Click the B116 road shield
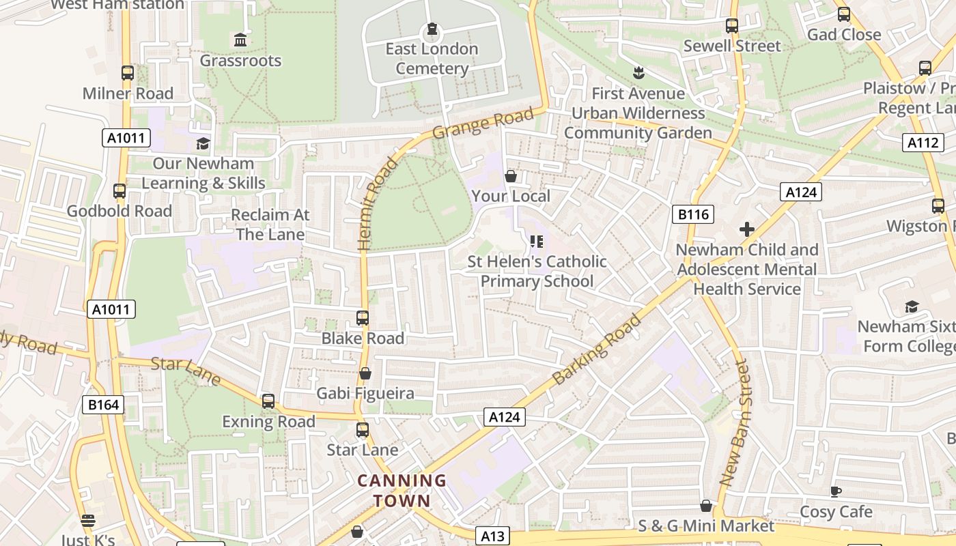pos(693,214)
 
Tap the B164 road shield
pos(104,405)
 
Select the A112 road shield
pos(923,142)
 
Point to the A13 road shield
pos(492,536)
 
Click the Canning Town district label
pos(402,491)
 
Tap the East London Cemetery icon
pos(432,29)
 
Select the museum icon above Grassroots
pos(240,40)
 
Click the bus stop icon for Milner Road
pos(128,73)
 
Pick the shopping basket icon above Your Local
pos(510,176)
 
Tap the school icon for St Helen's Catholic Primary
pos(537,242)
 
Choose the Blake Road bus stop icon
pos(363,318)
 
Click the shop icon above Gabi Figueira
pos(365,374)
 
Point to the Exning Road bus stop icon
pos(268,401)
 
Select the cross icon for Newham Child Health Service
pos(747,229)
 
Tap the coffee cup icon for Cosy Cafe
pos(836,491)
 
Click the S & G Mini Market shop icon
pos(706,506)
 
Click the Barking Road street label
pos(597,349)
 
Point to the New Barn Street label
pos(735,423)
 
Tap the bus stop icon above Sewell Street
pos(732,26)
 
